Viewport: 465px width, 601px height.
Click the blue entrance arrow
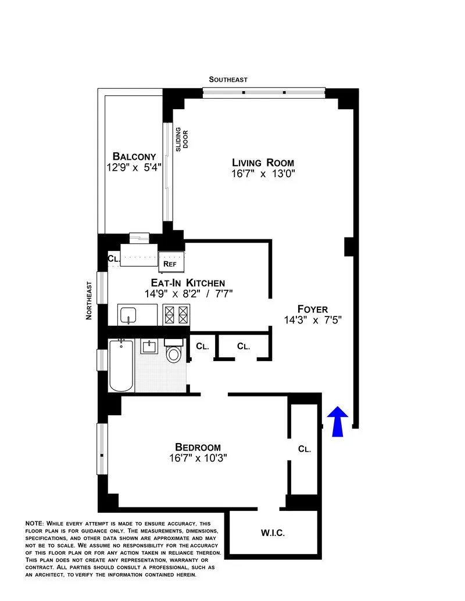(x=338, y=421)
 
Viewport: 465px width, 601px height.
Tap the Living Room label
(x=263, y=163)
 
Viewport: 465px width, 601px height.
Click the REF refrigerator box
(x=170, y=263)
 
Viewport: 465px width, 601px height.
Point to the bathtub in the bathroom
(x=121, y=366)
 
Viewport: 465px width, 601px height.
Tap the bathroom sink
(x=149, y=347)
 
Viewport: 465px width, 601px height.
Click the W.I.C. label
(x=273, y=532)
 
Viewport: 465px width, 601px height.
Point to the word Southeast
(x=228, y=80)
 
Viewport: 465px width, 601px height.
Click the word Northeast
(x=89, y=300)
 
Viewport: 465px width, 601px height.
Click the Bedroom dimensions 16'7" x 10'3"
(x=198, y=458)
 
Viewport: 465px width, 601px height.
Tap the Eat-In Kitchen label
(x=184, y=283)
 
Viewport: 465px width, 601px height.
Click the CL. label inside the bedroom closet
(x=304, y=449)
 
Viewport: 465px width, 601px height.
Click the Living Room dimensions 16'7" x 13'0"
(x=263, y=174)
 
